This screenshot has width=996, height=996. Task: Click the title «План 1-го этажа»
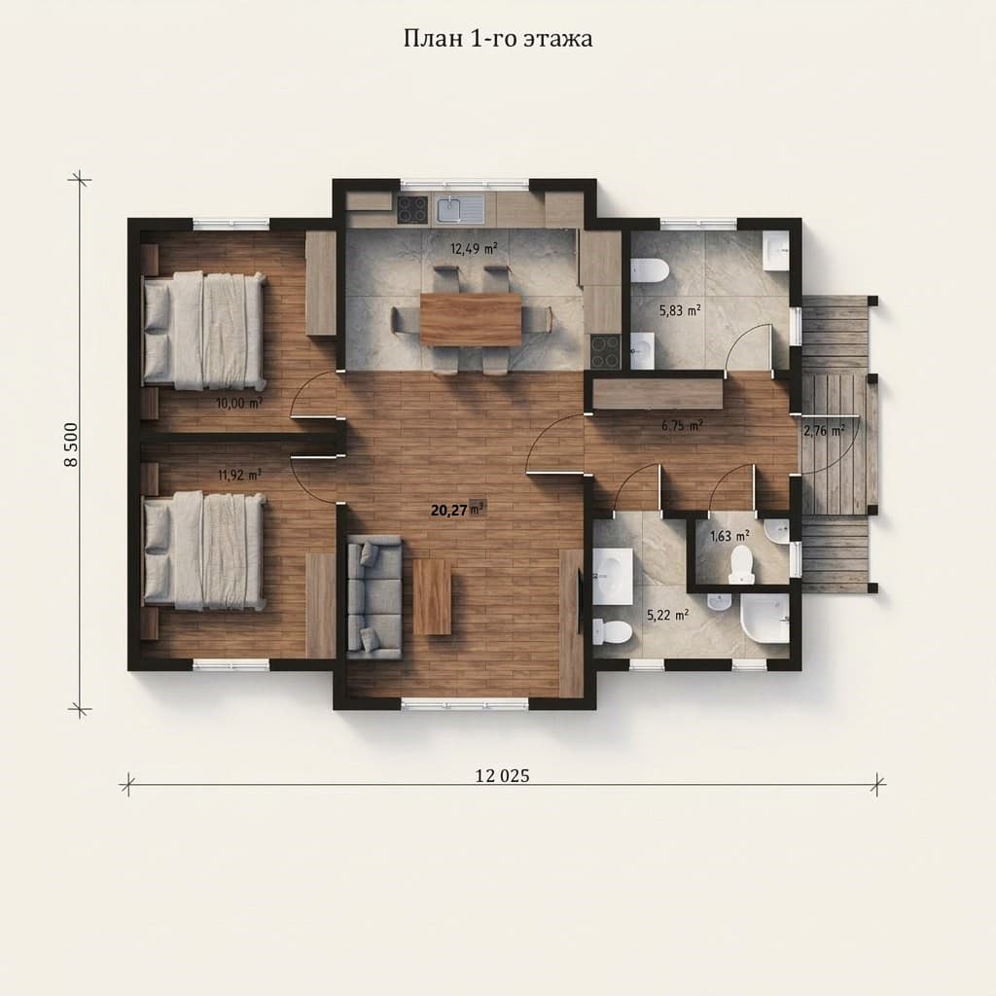tap(498, 39)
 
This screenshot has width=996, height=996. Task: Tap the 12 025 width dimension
tap(502, 775)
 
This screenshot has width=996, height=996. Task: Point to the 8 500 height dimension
tap(71, 445)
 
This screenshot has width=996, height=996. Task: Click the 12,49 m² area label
tap(474, 248)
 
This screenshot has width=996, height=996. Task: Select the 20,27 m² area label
tap(458, 510)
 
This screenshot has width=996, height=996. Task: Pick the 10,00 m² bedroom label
tap(239, 403)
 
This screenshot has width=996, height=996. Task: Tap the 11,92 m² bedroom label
tap(240, 475)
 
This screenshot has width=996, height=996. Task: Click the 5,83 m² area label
tap(680, 310)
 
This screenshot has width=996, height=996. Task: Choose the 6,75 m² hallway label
tap(682, 426)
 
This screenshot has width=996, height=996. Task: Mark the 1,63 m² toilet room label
tap(729, 536)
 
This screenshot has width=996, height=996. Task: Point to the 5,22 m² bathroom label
tap(668, 615)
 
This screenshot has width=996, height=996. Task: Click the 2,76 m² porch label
tap(824, 431)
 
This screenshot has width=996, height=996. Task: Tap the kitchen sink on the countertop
tap(460, 209)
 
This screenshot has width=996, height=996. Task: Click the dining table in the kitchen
tap(471, 319)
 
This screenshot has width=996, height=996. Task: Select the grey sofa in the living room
tap(374, 597)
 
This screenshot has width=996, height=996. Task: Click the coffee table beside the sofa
tap(432, 597)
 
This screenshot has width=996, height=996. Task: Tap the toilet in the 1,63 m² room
tap(740, 563)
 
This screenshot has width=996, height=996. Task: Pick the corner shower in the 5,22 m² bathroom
tap(765, 619)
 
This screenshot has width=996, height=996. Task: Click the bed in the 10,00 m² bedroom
tap(203, 331)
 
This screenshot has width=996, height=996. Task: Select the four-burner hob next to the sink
tap(412, 209)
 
